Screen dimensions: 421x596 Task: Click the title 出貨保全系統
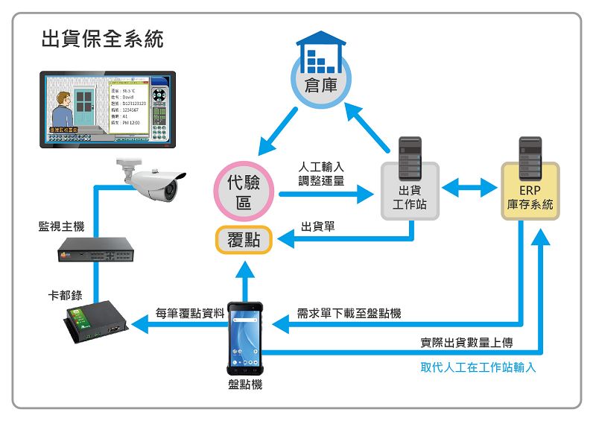(x=102, y=39)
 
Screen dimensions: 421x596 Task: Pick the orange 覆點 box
(x=244, y=240)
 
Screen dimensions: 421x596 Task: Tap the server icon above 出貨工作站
(x=410, y=157)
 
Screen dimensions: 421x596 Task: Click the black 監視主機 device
(x=98, y=252)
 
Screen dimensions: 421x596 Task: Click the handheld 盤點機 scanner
(x=245, y=338)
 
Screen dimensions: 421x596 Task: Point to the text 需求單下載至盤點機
(x=349, y=313)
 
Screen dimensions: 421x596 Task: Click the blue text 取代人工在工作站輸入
(x=478, y=367)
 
